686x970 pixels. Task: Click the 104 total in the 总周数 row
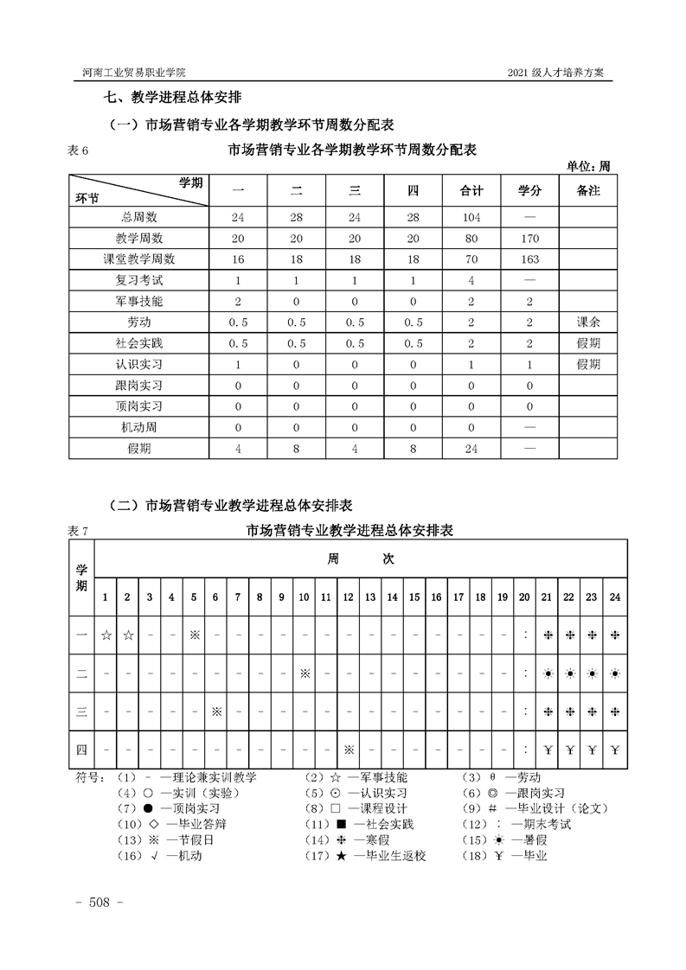click(x=471, y=218)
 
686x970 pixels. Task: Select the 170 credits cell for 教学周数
click(x=530, y=239)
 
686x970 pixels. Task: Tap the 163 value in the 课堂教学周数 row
click(x=530, y=259)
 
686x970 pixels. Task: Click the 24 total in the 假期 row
click(x=471, y=448)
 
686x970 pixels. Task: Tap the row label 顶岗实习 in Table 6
click(x=139, y=406)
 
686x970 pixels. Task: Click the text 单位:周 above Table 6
click(x=588, y=166)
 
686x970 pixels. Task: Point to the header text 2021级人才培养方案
click(x=561, y=72)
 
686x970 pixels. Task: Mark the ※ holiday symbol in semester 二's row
click(x=305, y=673)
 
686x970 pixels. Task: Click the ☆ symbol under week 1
click(x=106, y=635)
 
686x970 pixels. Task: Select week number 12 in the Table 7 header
click(x=348, y=597)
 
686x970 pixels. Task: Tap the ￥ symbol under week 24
click(x=615, y=749)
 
